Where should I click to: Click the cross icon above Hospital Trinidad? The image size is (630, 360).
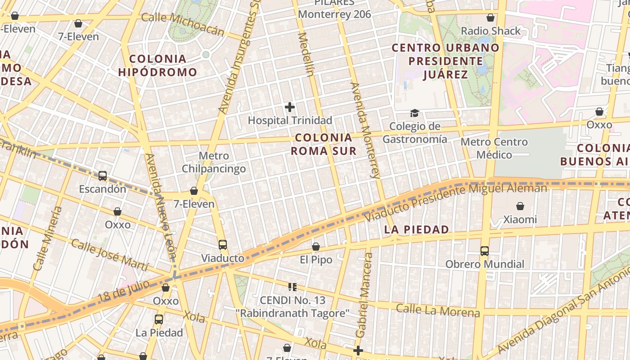pos(290,107)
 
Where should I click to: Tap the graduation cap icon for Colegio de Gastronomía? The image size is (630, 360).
pos(414,113)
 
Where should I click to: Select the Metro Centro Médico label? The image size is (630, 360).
pos(494,148)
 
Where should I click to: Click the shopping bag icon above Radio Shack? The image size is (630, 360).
pos(490,18)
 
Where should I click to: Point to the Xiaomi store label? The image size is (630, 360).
pos(520,220)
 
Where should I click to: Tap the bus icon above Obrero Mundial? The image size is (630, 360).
pos(485,251)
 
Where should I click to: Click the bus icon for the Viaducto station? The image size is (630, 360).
pos(223,245)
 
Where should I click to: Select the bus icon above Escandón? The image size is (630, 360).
pos(103,176)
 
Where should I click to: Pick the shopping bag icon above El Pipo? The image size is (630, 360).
pos(316,247)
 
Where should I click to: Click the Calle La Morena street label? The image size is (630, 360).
pos(438,310)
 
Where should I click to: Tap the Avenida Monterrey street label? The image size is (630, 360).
pos(365,130)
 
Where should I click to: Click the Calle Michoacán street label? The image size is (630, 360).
pos(183,24)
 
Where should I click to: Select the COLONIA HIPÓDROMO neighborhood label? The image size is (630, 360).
pos(157,65)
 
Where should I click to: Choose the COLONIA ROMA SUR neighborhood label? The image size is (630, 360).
pos(324,144)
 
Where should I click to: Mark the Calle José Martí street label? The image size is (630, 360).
pos(109,256)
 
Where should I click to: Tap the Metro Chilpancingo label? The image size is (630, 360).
pos(214,162)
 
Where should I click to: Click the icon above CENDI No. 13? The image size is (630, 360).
pos(292,287)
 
